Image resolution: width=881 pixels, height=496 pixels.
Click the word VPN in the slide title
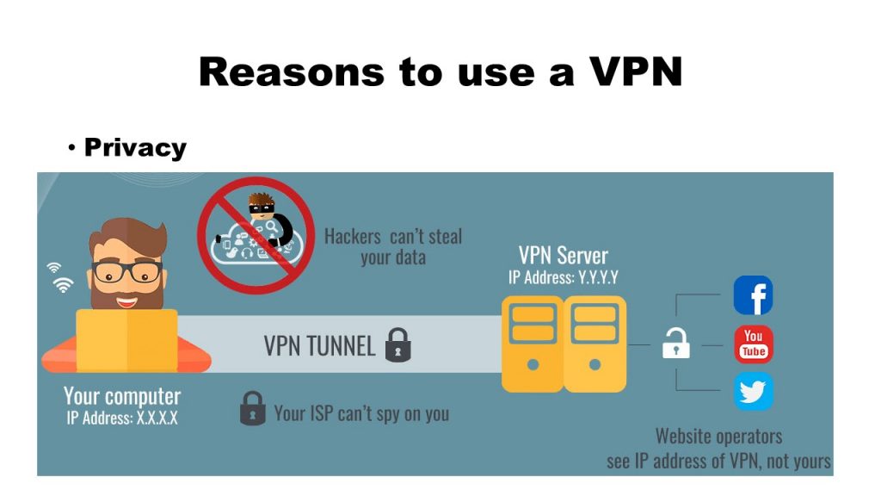[x=637, y=71]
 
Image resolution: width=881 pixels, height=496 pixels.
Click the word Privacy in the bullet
[x=135, y=148]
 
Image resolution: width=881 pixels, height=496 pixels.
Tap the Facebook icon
[x=753, y=295]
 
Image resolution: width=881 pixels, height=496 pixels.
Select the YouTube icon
[x=753, y=344]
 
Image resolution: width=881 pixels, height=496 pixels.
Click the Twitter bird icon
[x=753, y=392]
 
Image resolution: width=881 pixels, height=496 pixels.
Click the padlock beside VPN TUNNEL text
[x=397, y=344]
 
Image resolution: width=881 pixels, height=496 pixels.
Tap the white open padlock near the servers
[x=675, y=344]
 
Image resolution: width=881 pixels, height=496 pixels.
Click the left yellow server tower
[x=533, y=344]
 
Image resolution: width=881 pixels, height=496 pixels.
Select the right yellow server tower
[x=595, y=344]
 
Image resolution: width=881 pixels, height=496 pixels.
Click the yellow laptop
[x=126, y=339]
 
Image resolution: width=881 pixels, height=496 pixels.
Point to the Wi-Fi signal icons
[x=61, y=277]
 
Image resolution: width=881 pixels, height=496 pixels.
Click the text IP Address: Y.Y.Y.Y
[x=564, y=278]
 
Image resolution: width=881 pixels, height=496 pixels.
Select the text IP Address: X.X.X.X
[x=121, y=418]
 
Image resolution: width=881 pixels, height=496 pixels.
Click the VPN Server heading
[x=563, y=256]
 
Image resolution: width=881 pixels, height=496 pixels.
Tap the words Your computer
[x=122, y=397]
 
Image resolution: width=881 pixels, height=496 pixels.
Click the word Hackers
[x=353, y=236]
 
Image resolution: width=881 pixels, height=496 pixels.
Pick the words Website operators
[x=718, y=436]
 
